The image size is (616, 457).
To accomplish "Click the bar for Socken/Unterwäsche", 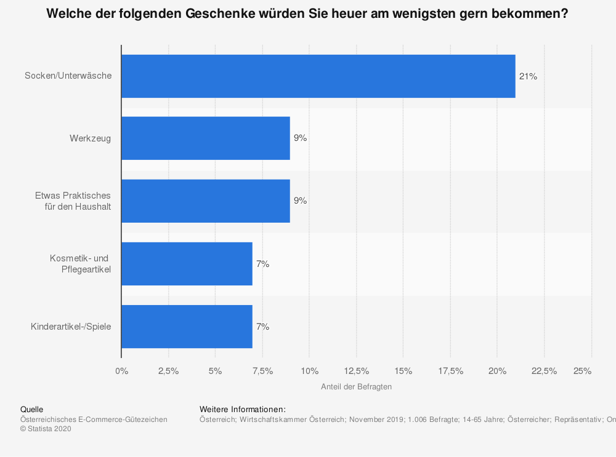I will [x=318, y=76].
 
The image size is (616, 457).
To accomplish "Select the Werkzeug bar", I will [x=205, y=138].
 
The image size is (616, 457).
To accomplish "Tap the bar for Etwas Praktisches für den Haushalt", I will [x=205, y=201].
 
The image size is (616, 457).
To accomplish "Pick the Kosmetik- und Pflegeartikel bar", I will [x=187, y=264].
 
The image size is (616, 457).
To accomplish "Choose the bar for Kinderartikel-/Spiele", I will [x=187, y=327].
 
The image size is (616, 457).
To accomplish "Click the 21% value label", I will [x=528, y=76].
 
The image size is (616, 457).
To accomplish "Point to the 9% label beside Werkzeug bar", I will [x=300, y=138].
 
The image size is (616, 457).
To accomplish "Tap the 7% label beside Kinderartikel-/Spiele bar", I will [x=262, y=327].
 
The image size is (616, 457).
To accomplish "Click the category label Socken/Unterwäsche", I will [x=68, y=76].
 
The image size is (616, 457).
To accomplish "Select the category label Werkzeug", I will [x=90, y=138].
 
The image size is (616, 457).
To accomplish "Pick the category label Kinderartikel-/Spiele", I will [x=71, y=327].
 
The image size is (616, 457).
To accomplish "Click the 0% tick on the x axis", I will [x=122, y=371].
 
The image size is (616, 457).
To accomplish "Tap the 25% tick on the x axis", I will [x=582, y=371].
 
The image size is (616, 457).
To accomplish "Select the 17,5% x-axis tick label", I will [x=450, y=371].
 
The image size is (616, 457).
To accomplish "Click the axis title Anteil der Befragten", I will [x=356, y=387].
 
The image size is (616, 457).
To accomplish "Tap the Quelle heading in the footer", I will [x=31, y=409].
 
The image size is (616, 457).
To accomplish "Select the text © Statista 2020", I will [x=46, y=429].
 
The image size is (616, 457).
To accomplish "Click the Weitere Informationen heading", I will [x=243, y=409].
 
